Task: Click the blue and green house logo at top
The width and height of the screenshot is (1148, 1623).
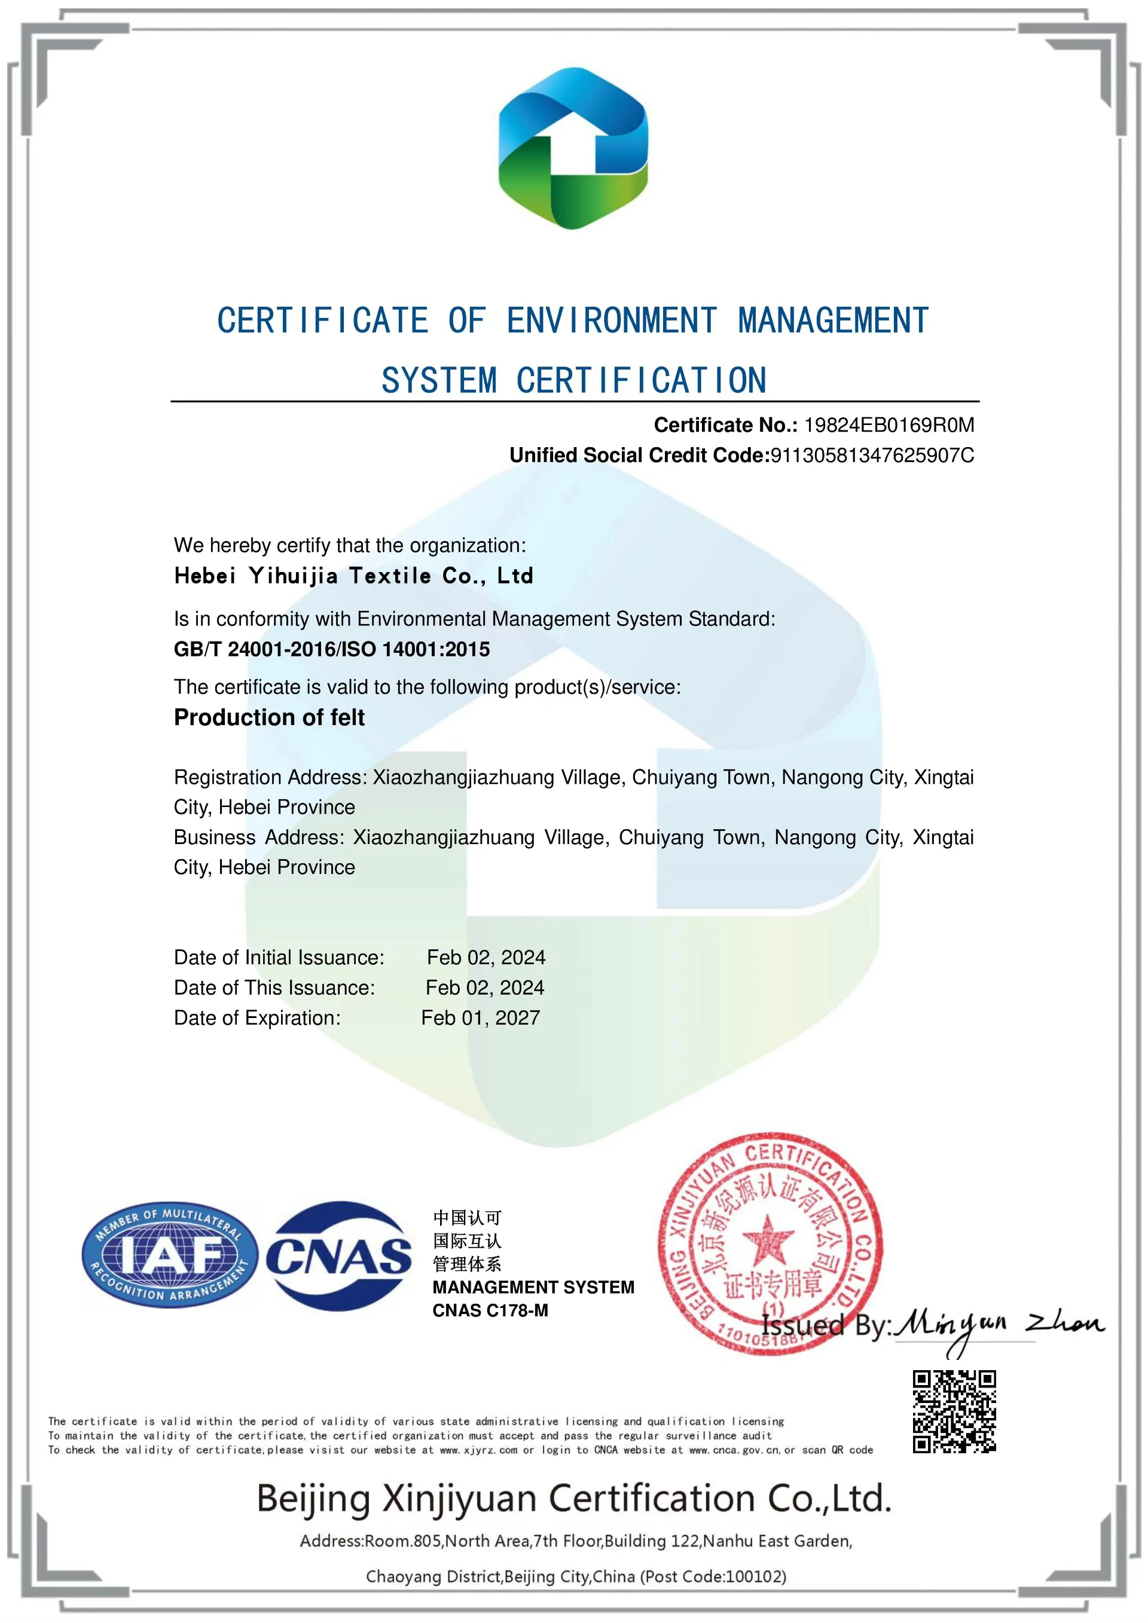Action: coord(573,148)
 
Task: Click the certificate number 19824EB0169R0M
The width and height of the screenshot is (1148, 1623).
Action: coord(889,425)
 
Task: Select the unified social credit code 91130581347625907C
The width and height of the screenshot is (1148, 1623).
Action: coord(872,456)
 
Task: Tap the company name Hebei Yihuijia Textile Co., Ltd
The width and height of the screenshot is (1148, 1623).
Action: coord(353,576)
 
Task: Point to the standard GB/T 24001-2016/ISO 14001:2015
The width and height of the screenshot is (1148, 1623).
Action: coord(331,649)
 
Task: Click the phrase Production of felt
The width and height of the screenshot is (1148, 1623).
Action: coord(268,717)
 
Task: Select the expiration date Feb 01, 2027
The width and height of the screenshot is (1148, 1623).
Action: coord(481,1018)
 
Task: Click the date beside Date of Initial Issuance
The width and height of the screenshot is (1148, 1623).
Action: coord(486,957)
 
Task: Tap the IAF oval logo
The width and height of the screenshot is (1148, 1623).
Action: coord(170,1255)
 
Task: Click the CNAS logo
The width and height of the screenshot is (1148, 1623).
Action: coord(339,1256)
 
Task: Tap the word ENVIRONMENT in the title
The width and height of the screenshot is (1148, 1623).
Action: coord(612,321)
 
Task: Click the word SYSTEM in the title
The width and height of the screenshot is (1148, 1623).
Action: coord(439,381)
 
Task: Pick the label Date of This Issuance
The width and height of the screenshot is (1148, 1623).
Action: coord(274,988)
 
